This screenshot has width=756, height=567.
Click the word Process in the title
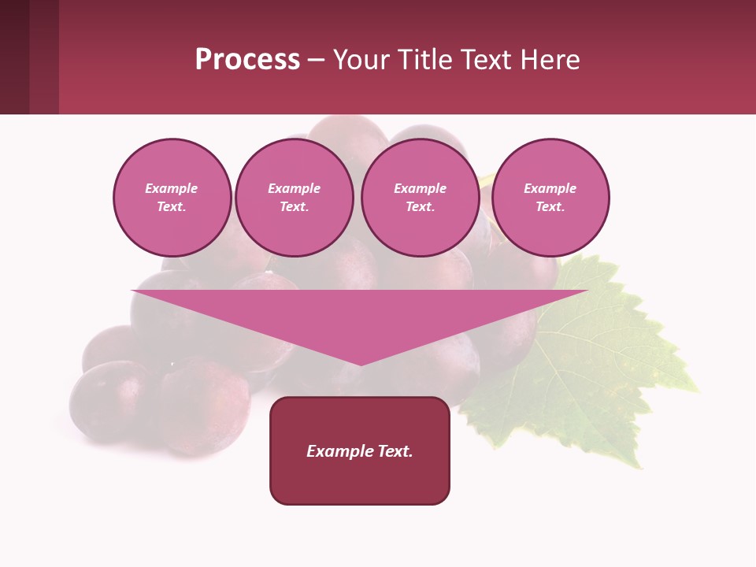click(247, 60)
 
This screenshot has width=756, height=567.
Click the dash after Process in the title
click(317, 61)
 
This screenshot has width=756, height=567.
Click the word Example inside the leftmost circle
click(172, 188)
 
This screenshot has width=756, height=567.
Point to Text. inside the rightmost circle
click(550, 207)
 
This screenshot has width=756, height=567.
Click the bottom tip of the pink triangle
click(361, 363)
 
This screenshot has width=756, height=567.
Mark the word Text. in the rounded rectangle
click(393, 451)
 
